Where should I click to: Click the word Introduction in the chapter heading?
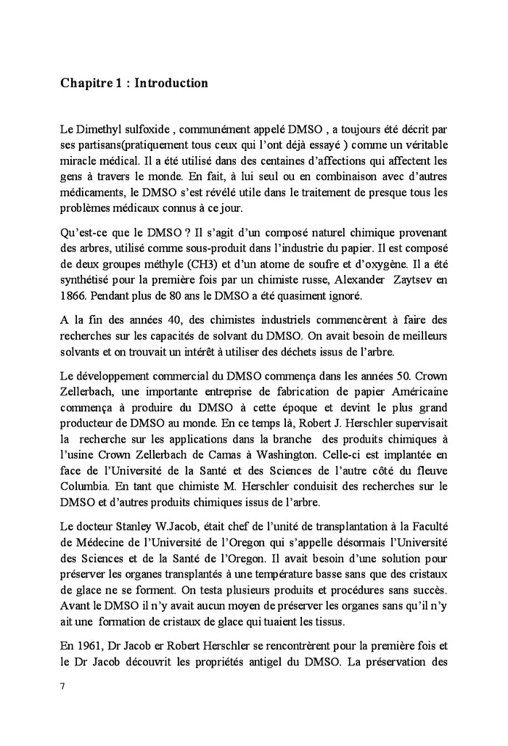click(x=171, y=83)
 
